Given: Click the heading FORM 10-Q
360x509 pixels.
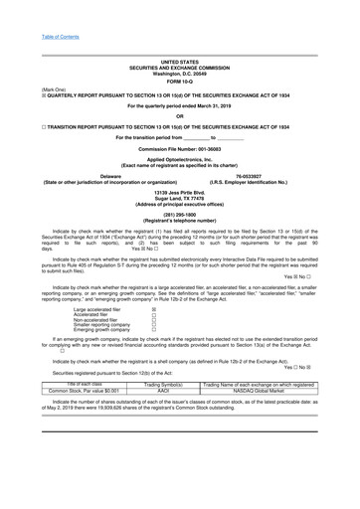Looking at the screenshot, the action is point(179,82).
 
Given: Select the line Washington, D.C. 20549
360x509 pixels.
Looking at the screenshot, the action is point(179,75).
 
